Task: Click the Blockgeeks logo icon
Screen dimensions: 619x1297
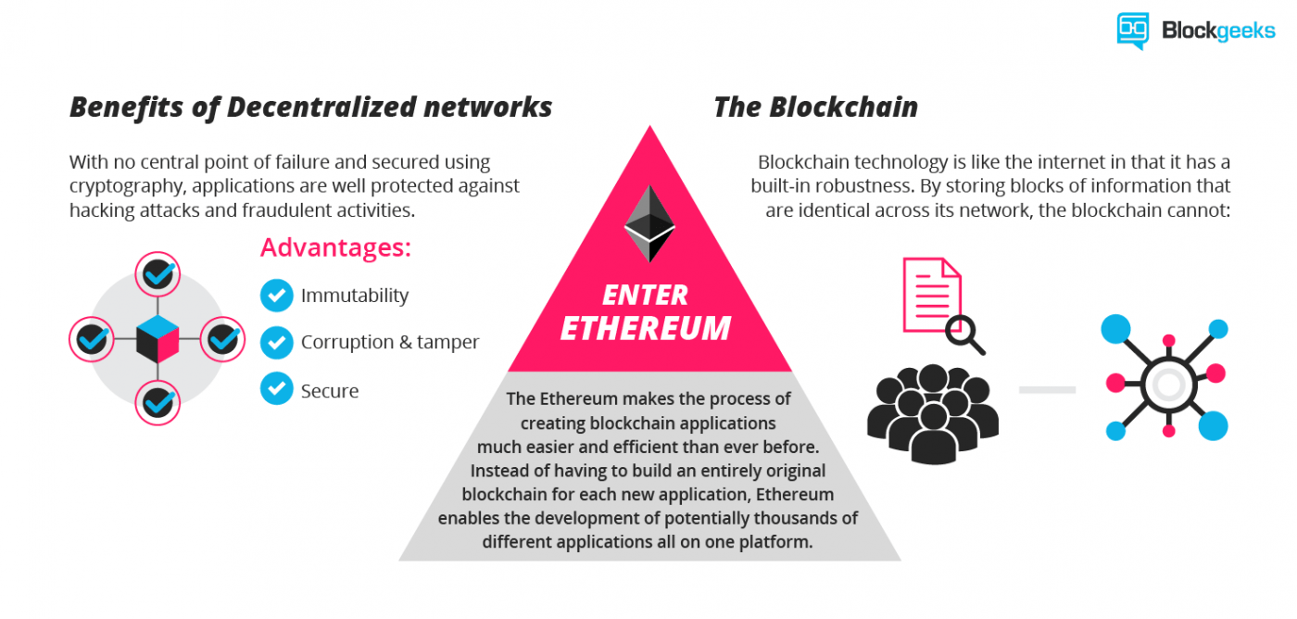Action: pyautogui.click(x=1132, y=31)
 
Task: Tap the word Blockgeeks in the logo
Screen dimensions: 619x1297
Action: pyautogui.click(x=1218, y=31)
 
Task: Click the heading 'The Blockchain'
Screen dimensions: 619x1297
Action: pyautogui.click(x=815, y=107)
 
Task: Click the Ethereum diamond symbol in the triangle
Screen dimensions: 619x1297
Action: pyautogui.click(x=648, y=223)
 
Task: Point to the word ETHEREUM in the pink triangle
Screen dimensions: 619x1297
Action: pyautogui.click(x=646, y=328)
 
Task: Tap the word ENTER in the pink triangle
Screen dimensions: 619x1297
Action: pyautogui.click(x=646, y=295)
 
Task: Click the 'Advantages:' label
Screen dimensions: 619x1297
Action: pyautogui.click(x=335, y=248)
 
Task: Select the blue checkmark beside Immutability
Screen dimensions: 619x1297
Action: pyautogui.click(x=276, y=296)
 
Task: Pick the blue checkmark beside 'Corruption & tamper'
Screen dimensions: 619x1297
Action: pyautogui.click(x=276, y=342)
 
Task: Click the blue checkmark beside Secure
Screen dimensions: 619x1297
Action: pyautogui.click(x=276, y=388)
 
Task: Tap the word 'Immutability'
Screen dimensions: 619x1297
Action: pyautogui.click(x=355, y=296)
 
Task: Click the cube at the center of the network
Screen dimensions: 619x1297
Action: pyautogui.click(x=157, y=339)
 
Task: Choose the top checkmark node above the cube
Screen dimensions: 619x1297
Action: pyautogui.click(x=157, y=274)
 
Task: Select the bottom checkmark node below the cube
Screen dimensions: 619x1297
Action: pyautogui.click(x=157, y=403)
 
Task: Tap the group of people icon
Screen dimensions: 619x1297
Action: pyautogui.click(x=932, y=413)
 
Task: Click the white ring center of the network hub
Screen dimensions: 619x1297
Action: pyautogui.click(x=1167, y=383)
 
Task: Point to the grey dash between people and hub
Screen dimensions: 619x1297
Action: pyautogui.click(x=1047, y=390)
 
